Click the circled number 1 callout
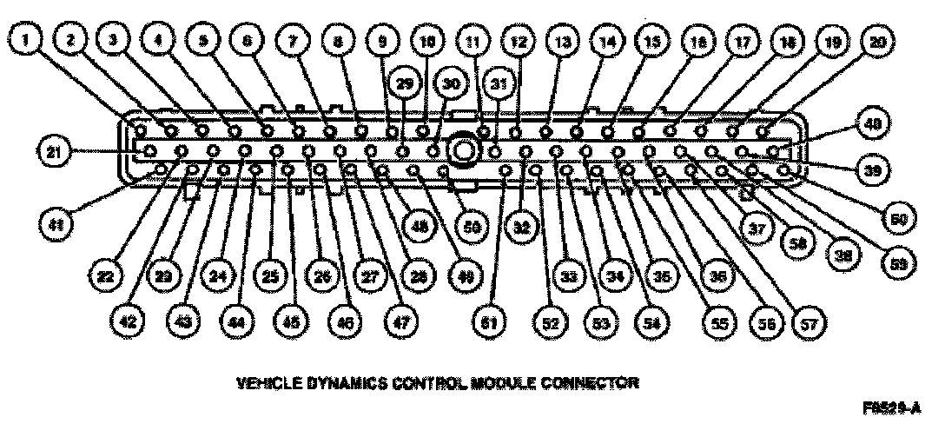[x=32, y=40]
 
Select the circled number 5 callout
[x=203, y=40]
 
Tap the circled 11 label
[x=472, y=40]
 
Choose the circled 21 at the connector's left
[x=54, y=153]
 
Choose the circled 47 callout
[x=400, y=323]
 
